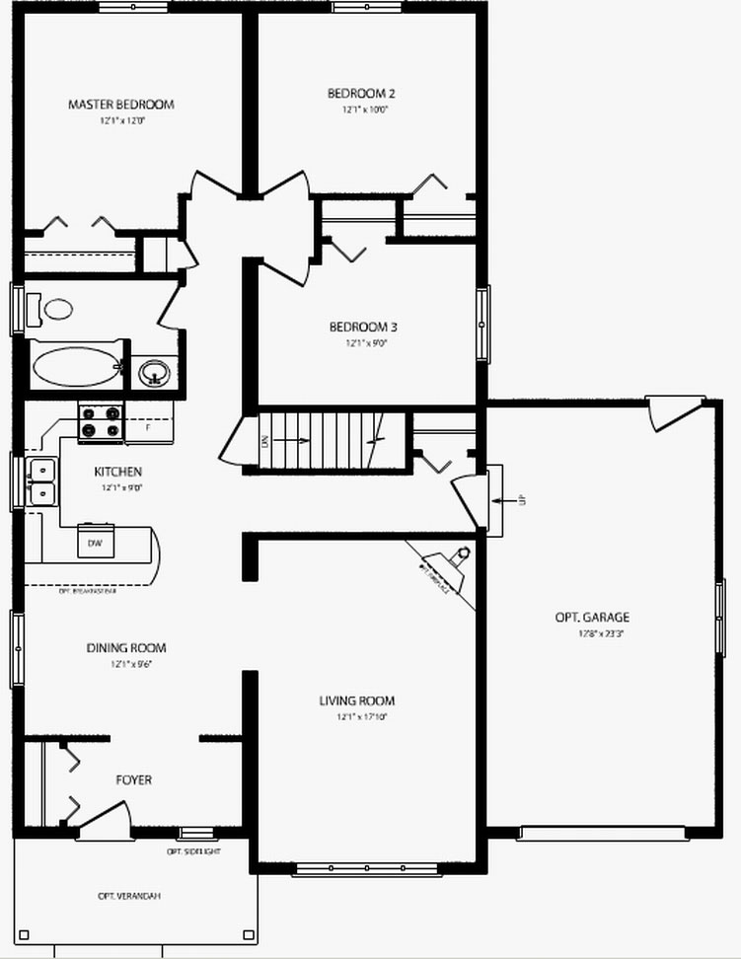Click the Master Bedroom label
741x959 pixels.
tap(121, 104)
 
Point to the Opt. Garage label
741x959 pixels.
tap(592, 618)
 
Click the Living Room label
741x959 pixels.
tap(356, 701)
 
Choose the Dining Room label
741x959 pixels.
tap(126, 648)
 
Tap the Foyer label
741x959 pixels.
tap(133, 779)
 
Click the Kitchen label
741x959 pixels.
tap(118, 472)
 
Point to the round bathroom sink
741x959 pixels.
tap(153, 373)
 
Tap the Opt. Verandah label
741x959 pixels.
tap(129, 896)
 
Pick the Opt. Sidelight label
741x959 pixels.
tap(193, 850)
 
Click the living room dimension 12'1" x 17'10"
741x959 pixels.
tap(356, 717)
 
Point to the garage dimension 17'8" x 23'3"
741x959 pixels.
tap(592, 633)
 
